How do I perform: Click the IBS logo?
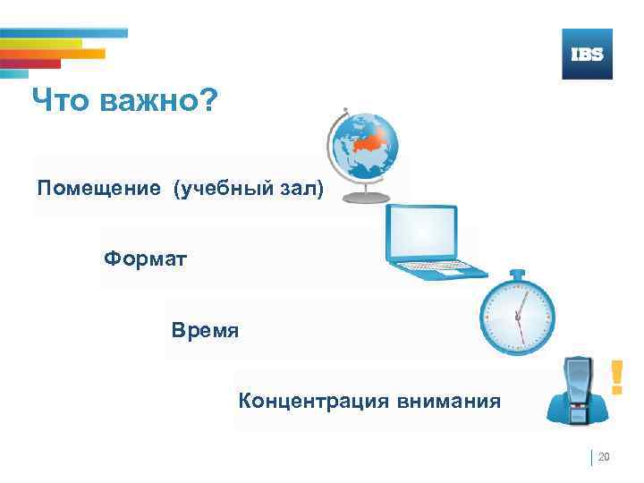click(587, 54)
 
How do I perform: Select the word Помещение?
click(99, 190)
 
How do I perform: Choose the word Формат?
click(145, 259)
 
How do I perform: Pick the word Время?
click(206, 331)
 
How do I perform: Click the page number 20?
click(603, 458)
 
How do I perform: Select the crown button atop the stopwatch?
click(516, 274)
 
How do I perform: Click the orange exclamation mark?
click(615, 377)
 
